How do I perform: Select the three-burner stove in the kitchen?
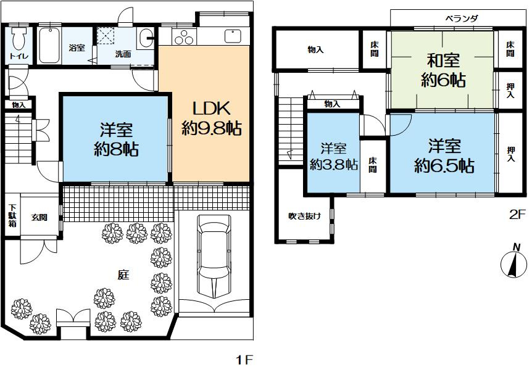point(183,38)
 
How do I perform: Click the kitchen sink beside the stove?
point(233,36)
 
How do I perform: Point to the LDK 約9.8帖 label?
point(211,118)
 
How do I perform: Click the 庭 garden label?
point(123,276)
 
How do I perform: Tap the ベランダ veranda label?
point(462,19)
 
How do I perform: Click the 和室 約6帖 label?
point(444,70)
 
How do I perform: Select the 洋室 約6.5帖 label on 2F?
point(443,156)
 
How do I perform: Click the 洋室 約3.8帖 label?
point(333,156)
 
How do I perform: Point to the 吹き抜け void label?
point(305,216)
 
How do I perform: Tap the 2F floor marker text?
point(516,215)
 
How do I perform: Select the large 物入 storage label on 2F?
point(315,49)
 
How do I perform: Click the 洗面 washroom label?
point(123,54)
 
